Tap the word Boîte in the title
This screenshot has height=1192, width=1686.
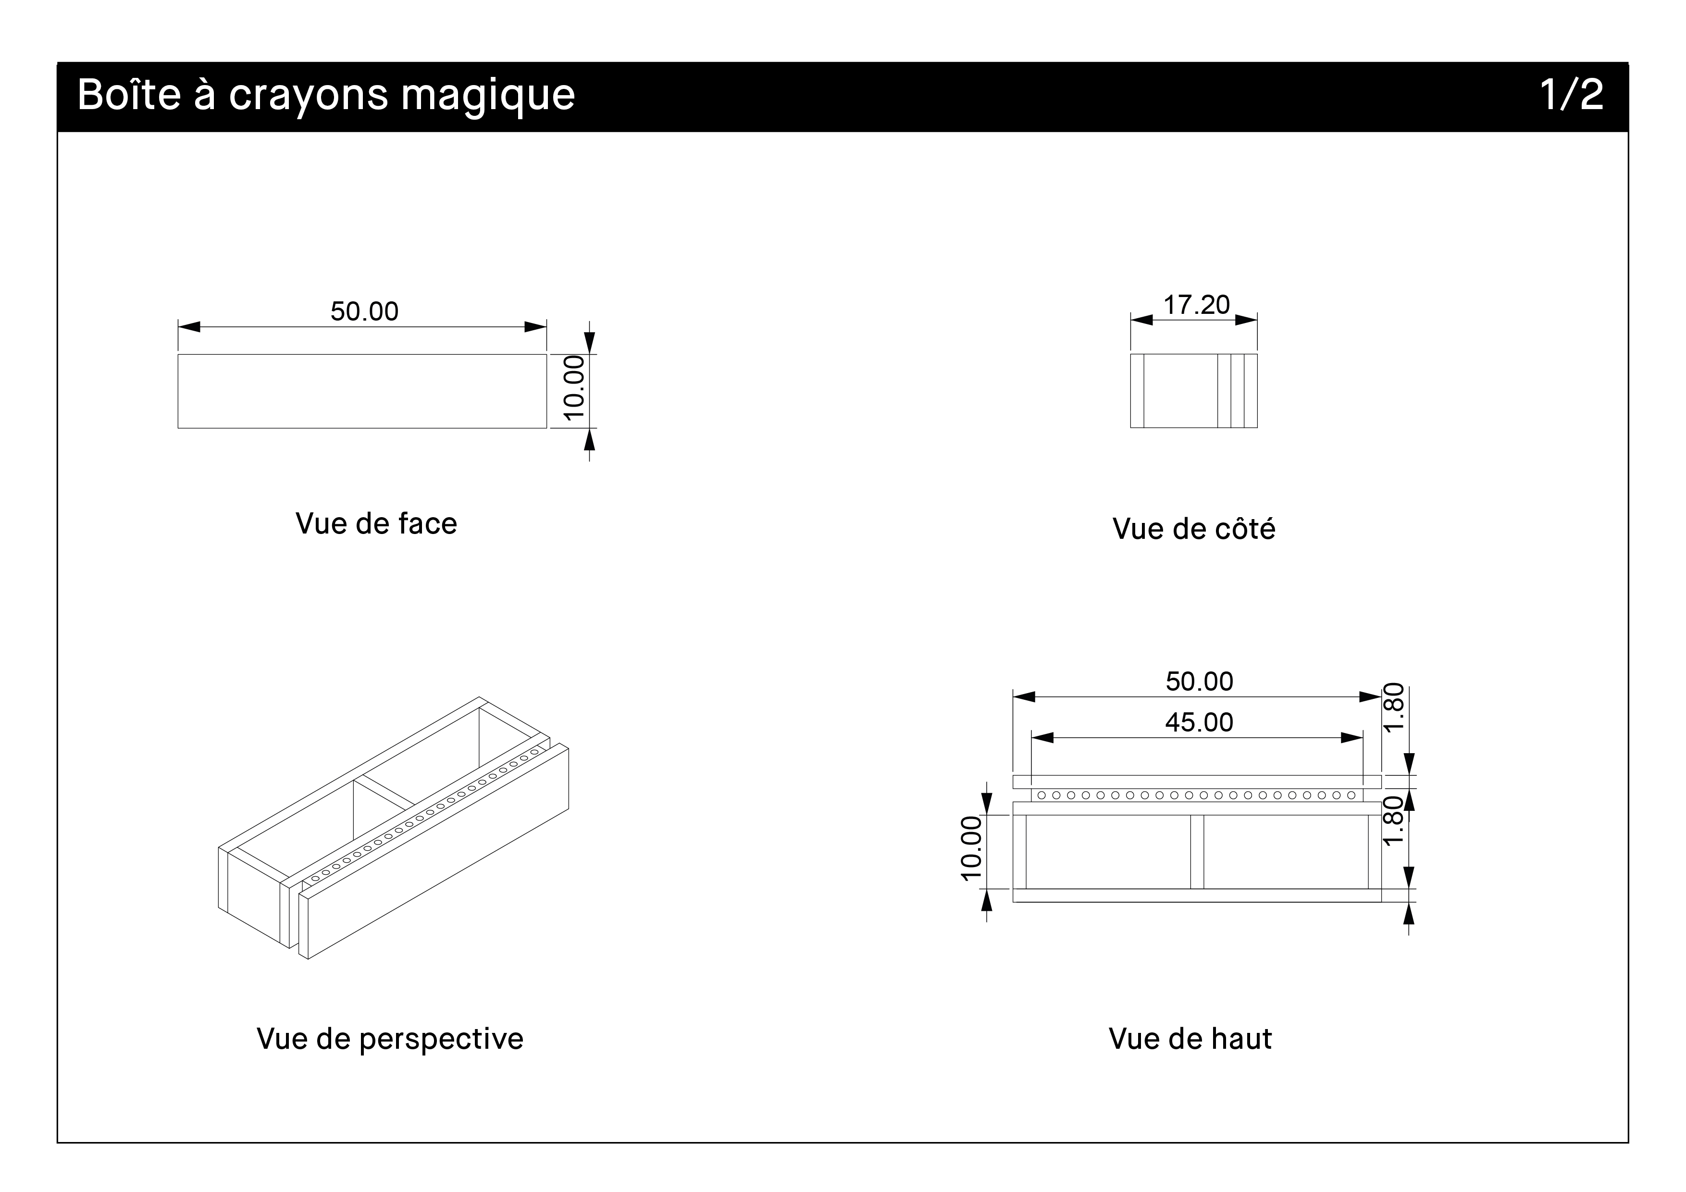(x=128, y=94)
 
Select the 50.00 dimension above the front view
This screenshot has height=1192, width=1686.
(x=364, y=311)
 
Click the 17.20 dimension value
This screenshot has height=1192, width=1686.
(x=1196, y=305)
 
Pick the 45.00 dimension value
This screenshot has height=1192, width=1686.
(x=1199, y=723)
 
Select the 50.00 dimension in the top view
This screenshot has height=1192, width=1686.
(x=1199, y=682)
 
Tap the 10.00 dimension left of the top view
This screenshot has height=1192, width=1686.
(x=971, y=848)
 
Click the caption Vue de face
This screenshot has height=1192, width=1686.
(x=376, y=523)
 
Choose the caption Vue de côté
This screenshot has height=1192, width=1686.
(x=1193, y=529)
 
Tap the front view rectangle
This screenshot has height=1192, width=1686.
(x=362, y=391)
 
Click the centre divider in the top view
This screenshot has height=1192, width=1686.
(x=1197, y=852)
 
